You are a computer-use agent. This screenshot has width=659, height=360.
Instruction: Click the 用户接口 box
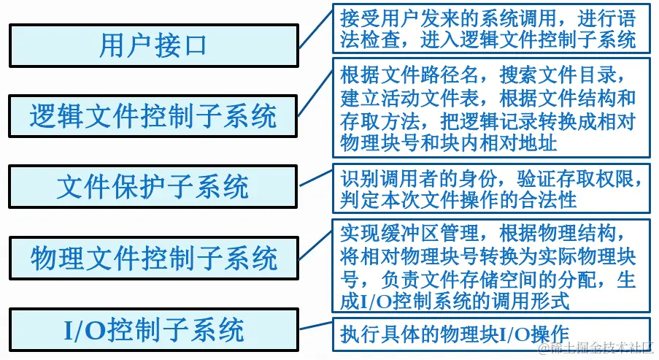pos(153,45)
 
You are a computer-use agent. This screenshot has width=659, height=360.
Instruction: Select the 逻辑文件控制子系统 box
pos(153,116)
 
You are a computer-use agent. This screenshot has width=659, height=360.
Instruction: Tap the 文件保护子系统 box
pos(153,187)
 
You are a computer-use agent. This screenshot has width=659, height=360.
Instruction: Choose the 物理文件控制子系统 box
pos(153,258)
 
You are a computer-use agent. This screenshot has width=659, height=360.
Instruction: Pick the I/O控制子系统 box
pos(153,329)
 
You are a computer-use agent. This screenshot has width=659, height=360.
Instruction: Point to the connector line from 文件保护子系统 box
pos(315,180)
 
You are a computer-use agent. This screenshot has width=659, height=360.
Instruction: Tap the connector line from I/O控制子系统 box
pos(315,329)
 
